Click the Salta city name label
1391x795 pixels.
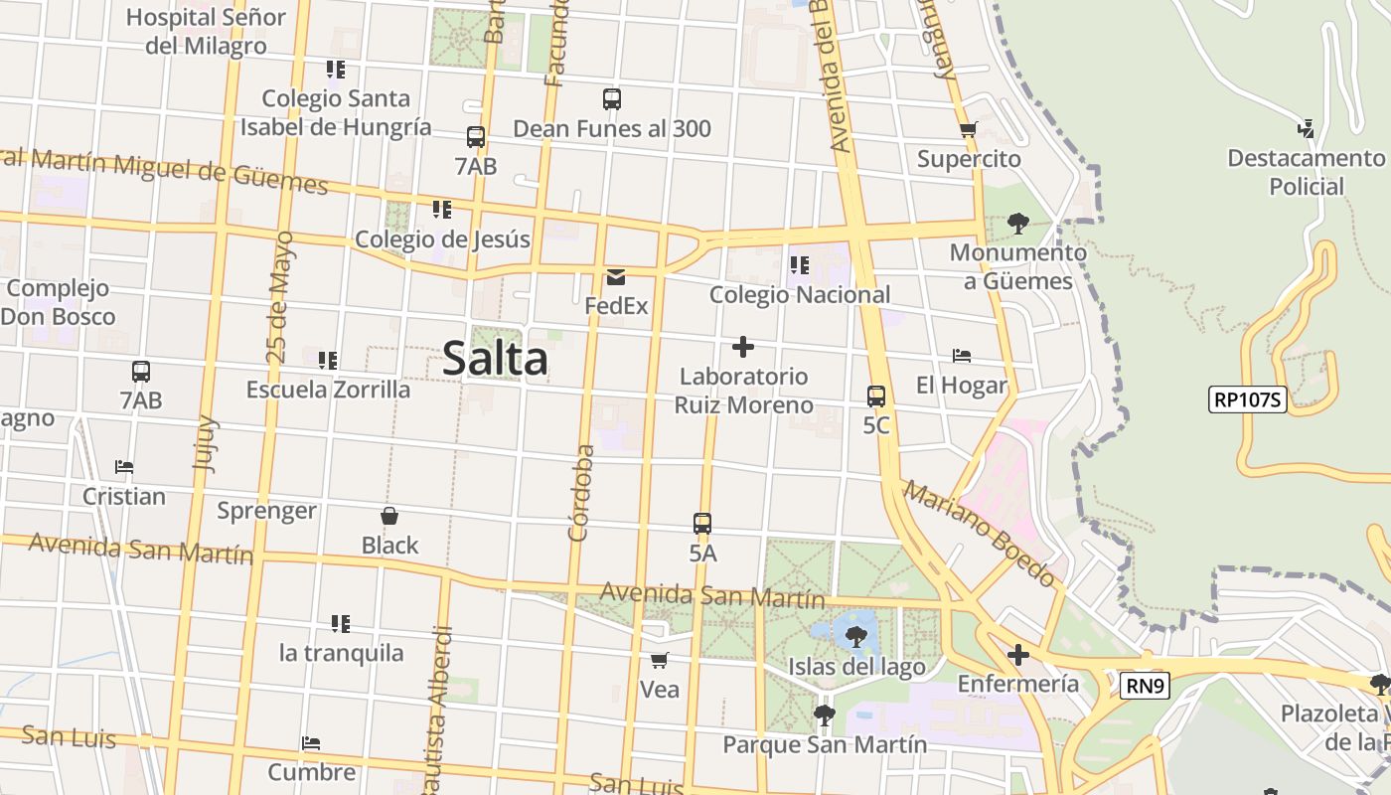495,359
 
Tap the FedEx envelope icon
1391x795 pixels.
616,277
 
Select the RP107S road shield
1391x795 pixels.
1248,400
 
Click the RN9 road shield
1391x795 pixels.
1145,686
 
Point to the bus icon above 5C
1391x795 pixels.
876,397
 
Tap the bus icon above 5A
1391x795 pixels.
702,524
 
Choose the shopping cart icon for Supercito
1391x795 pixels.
969,129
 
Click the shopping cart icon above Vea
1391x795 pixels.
660,661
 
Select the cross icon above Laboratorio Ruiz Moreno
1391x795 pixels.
742,347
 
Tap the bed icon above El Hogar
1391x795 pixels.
961,356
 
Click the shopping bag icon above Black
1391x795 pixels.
389,517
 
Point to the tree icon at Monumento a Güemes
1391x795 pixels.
1017,223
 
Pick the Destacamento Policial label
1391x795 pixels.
1306,172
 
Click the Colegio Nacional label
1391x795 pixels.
800,295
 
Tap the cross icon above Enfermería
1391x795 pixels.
1017,655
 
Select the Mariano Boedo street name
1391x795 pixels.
980,534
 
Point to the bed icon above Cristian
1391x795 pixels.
124,467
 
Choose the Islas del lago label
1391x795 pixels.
856,667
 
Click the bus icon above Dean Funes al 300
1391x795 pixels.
612,99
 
